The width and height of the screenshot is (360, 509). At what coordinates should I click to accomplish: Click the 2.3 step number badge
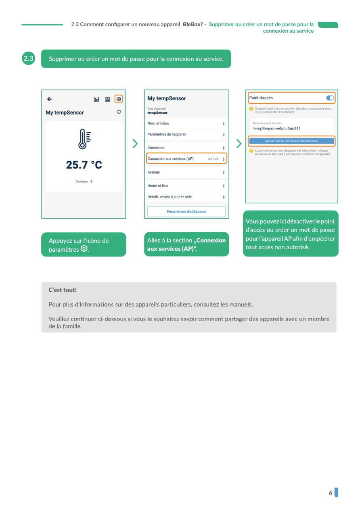[28, 58]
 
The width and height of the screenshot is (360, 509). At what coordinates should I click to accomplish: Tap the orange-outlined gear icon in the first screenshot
[119, 99]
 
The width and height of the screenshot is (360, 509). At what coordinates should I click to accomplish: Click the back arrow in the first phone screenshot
[50, 99]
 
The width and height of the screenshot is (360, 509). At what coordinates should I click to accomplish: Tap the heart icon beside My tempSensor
[119, 112]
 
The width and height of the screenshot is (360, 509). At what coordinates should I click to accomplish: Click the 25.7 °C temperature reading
[84, 165]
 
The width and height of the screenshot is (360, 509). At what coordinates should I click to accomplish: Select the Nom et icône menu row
[186, 123]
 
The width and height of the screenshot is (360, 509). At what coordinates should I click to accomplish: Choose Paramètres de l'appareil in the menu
[186, 134]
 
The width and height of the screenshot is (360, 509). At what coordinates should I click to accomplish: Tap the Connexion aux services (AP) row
[186, 159]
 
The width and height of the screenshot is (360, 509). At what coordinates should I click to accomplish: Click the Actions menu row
[186, 173]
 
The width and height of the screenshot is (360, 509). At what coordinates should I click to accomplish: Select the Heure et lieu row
[186, 186]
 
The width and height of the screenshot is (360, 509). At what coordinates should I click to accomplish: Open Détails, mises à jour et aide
[186, 197]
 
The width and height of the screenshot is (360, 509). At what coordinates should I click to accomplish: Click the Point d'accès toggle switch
[330, 98]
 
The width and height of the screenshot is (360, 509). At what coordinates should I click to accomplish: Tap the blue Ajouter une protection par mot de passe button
[291, 141]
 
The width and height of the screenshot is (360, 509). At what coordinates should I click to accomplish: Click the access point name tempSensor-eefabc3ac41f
[276, 128]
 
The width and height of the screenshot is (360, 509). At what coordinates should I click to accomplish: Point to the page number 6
[331, 492]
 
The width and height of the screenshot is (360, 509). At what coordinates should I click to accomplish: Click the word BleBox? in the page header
[193, 25]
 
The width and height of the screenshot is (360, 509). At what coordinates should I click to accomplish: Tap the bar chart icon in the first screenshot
[96, 99]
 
